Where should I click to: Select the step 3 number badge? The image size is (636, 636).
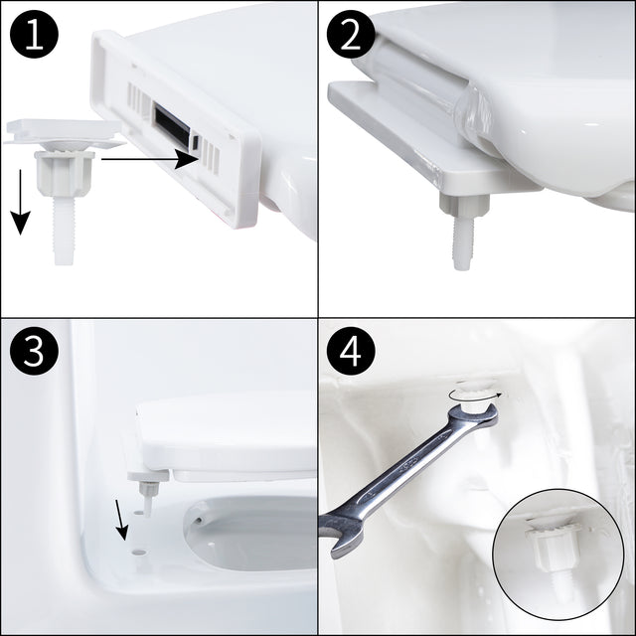pos(34,353)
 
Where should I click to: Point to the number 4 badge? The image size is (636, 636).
pos(352,353)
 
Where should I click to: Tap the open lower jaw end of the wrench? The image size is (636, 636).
pos(343,537)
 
